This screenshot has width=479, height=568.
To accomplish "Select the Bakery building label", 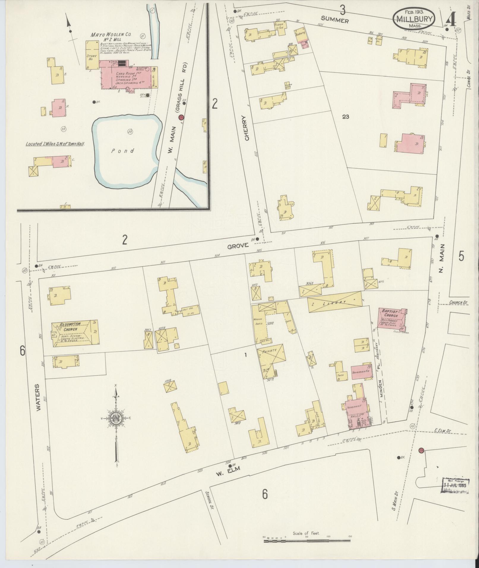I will (300, 34).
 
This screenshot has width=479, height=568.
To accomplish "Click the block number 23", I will (345, 117).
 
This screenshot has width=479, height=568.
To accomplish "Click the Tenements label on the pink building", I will (361, 371).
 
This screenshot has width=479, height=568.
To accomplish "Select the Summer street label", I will (335, 20).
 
